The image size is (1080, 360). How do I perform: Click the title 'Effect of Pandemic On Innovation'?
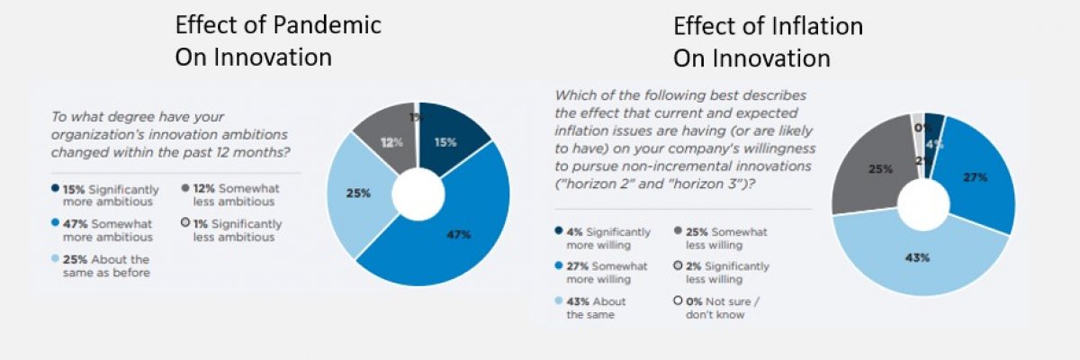277,41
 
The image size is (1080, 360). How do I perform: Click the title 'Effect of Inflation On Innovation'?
768,41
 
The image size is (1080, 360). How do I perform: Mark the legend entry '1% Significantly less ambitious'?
233,230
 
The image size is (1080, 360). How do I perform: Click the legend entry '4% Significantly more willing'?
598,237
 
